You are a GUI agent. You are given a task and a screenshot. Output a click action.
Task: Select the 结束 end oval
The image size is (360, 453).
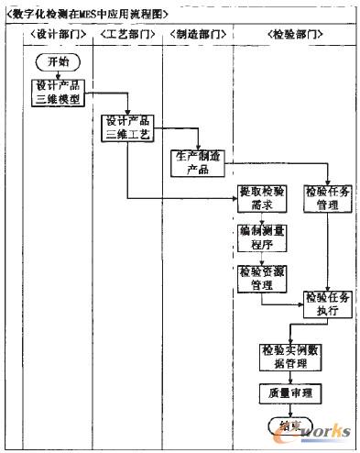pos(288,424)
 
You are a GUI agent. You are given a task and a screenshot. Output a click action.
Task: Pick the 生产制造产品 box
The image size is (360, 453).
pos(197,162)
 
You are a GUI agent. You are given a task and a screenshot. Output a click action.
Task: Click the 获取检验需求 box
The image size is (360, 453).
pos(261,198)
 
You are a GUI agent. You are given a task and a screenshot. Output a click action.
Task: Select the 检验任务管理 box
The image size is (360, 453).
pos(327,198)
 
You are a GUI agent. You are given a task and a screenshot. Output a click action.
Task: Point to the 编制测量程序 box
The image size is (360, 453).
pos(262,238)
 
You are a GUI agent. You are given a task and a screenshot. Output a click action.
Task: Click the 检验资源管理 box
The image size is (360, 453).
pos(262,278)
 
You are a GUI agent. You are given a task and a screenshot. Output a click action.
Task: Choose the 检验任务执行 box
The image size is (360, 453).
pos(327,304)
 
